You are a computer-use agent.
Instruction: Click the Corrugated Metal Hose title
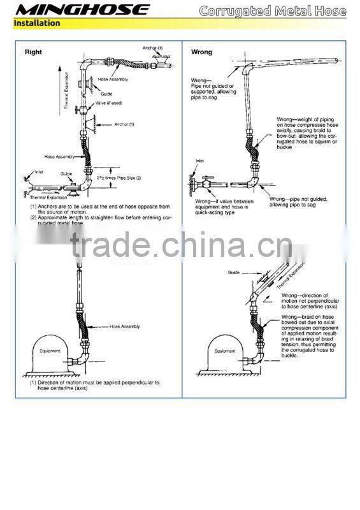pyautogui.click(x=272, y=11)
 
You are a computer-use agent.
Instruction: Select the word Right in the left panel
pyautogui.click(x=33, y=52)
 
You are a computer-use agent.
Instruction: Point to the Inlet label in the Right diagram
pyautogui.click(x=39, y=171)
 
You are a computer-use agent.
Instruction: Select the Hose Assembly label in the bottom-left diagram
pyautogui.click(x=125, y=326)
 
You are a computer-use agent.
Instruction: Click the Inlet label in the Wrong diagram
pyautogui.click(x=200, y=161)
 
